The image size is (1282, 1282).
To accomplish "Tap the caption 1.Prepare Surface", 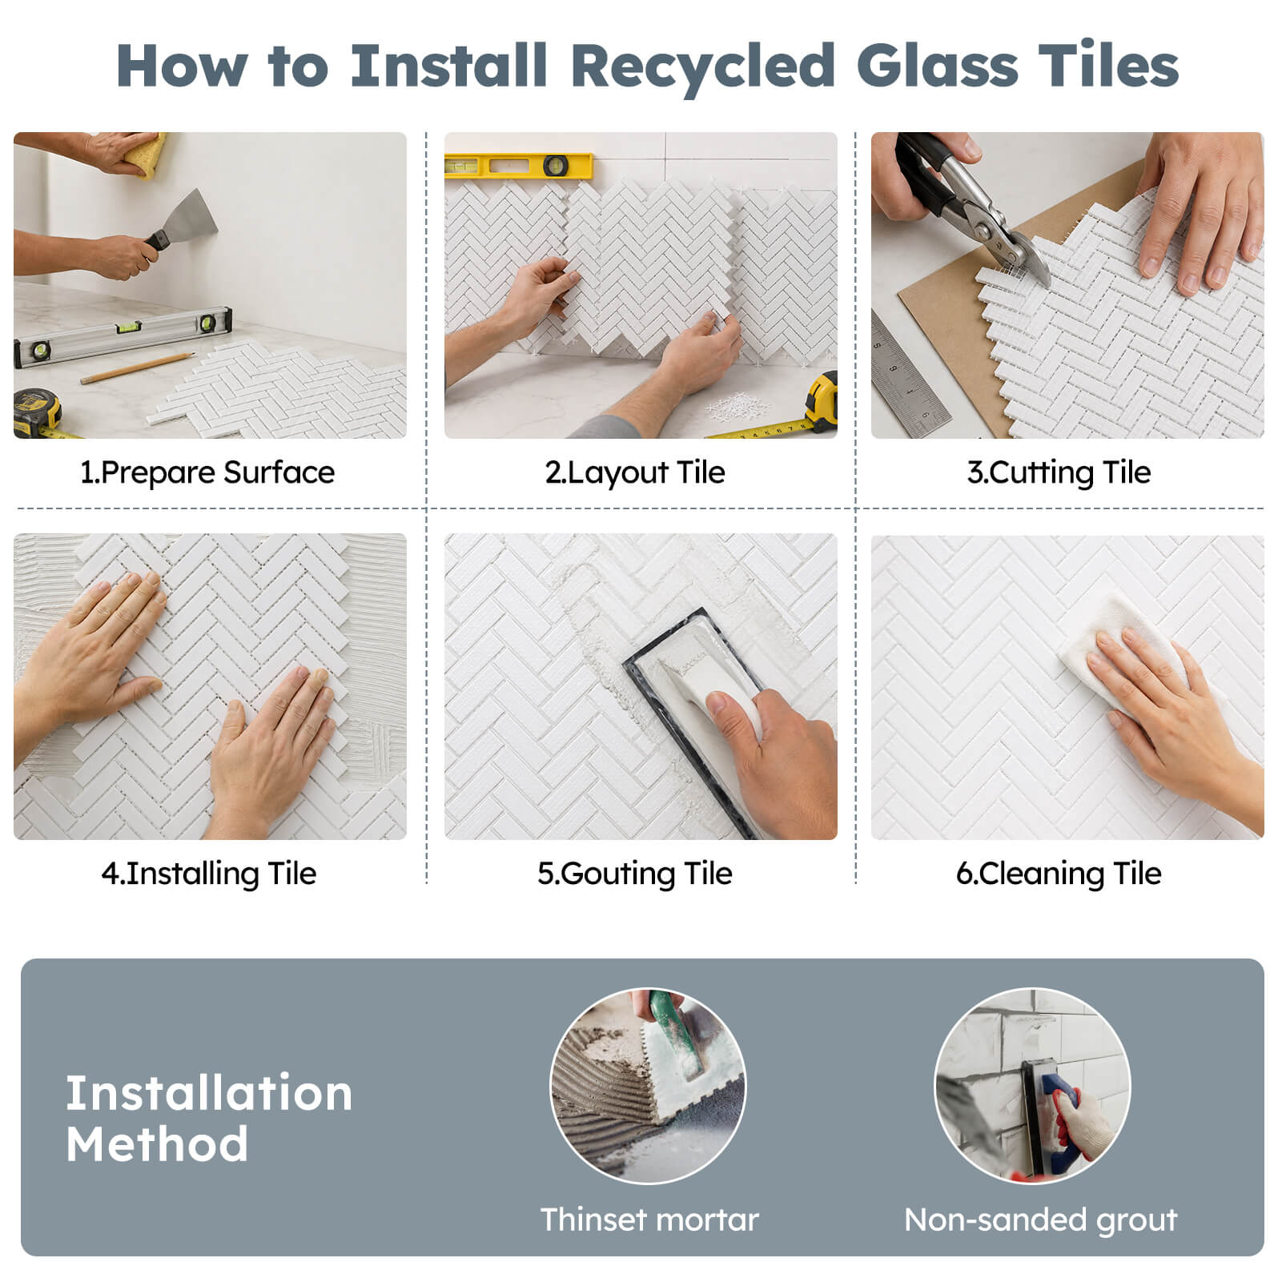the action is pyautogui.click(x=207, y=472).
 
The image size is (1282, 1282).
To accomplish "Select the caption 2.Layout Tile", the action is pyautogui.click(x=635, y=472).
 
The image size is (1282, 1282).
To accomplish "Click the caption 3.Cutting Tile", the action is pyautogui.click(x=1059, y=472).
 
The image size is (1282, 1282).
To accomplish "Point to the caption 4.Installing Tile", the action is pyautogui.click(x=209, y=874).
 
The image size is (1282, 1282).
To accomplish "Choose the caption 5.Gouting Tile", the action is pyautogui.click(x=635, y=874).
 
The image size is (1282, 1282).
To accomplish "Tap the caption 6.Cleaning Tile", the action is pyautogui.click(x=1059, y=874).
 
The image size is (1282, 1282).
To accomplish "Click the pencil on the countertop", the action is pyautogui.click(x=137, y=368).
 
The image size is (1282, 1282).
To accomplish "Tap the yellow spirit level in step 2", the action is pyautogui.click(x=519, y=166).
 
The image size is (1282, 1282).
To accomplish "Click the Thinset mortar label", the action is pyautogui.click(x=649, y=1220).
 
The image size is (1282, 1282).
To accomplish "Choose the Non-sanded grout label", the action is pyautogui.click(x=1040, y=1220).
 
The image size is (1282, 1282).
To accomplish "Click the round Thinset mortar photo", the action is pyautogui.click(x=648, y=1086).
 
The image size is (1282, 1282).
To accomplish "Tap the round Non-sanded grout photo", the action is pyautogui.click(x=1033, y=1086).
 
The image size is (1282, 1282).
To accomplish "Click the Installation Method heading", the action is pyautogui.click(x=209, y=1118).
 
